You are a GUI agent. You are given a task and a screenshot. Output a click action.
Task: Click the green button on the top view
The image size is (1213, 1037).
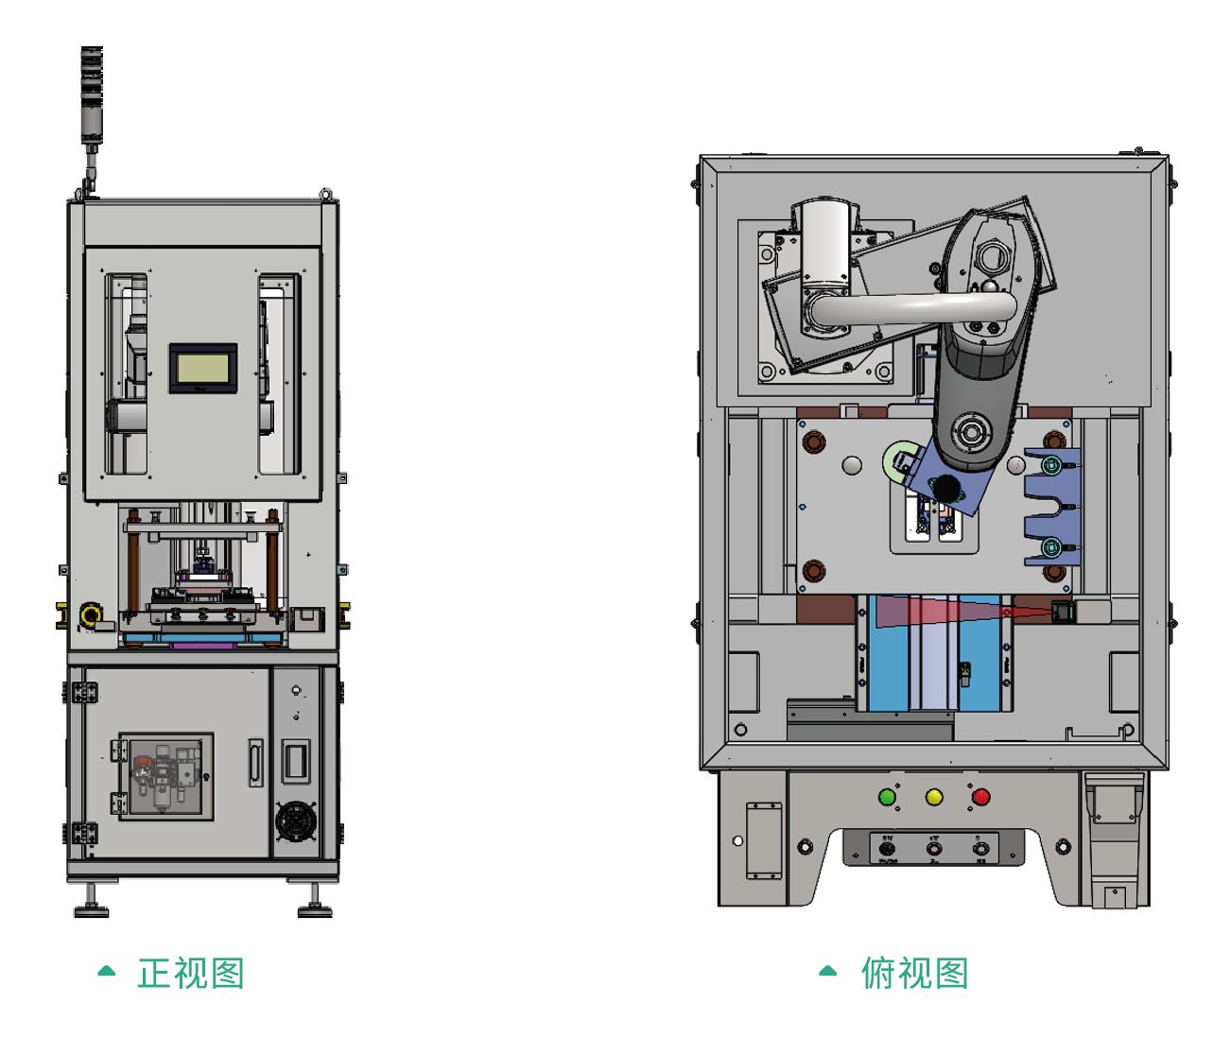(x=887, y=797)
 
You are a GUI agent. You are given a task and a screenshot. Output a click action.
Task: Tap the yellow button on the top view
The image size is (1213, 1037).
(x=934, y=797)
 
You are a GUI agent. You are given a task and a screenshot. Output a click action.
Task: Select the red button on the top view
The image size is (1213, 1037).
(x=980, y=797)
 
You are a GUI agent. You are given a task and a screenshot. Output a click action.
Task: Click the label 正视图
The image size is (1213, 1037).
(x=191, y=973)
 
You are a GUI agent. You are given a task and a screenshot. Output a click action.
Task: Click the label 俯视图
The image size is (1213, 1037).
(x=914, y=973)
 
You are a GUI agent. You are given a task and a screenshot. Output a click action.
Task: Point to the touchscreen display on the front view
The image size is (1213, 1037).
(x=202, y=367)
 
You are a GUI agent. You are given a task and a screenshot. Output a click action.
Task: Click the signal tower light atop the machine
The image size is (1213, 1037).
(x=92, y=95)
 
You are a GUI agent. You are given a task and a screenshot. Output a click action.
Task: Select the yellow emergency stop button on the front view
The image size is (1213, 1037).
(x=91, y=616)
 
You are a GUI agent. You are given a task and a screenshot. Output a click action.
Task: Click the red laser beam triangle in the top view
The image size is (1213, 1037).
(x=936, y=613)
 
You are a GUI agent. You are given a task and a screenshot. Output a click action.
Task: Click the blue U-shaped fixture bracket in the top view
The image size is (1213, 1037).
(x=1052, y=510)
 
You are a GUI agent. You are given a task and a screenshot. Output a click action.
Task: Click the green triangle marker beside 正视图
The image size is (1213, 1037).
(x=107, y=971)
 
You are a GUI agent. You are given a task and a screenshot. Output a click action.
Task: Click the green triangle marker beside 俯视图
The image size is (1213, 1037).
(x=828, y=971)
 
